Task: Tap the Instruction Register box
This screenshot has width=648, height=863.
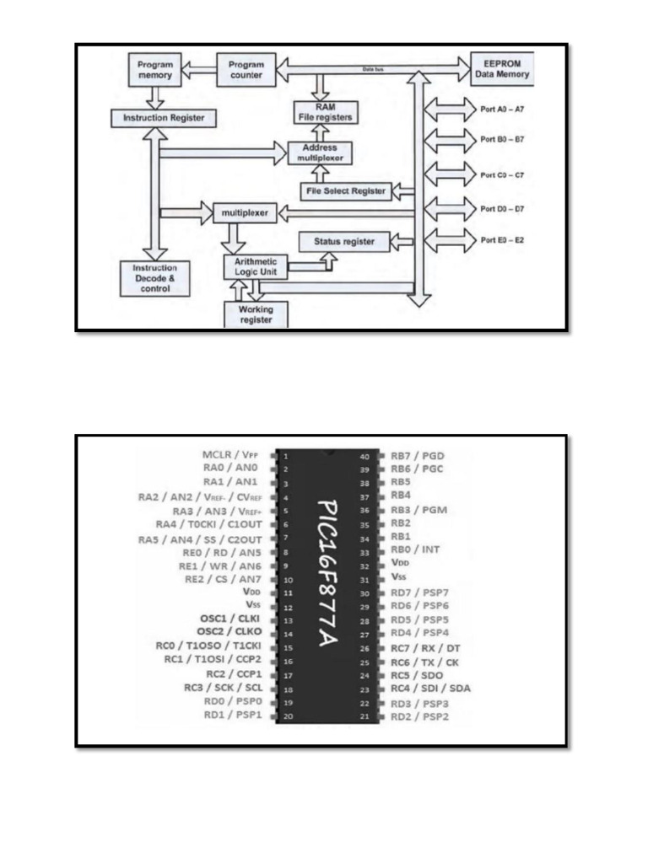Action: [158, 118]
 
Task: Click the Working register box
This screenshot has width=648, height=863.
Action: [256, 315]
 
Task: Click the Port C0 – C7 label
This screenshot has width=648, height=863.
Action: [502, 175]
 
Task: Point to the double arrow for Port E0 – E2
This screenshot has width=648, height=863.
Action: [451, 240]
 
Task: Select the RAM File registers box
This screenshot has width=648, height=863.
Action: [324, 112]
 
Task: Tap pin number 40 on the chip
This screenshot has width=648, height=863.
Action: [364, 456]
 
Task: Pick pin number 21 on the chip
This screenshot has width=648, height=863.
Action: [364, 716]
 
